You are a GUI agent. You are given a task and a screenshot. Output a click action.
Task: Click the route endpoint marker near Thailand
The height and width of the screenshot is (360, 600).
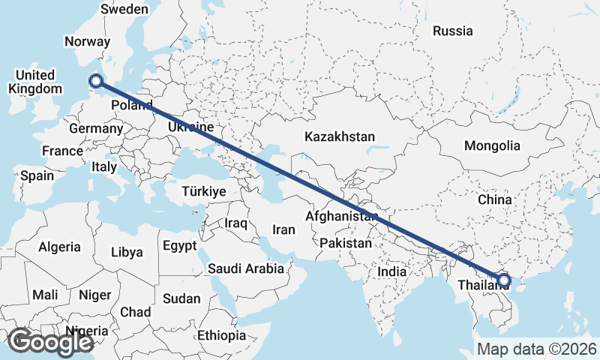(504, 280)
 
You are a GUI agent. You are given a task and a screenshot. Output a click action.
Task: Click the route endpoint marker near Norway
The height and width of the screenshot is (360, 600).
(96, 82)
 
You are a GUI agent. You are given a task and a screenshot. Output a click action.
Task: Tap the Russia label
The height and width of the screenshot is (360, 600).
(453, 31)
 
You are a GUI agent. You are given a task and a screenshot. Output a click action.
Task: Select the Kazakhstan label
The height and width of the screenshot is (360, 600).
(339, 136)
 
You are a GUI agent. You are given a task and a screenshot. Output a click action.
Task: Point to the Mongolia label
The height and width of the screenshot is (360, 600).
(492, 145)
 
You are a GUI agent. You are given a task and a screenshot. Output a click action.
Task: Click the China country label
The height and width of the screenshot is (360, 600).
(494, 199)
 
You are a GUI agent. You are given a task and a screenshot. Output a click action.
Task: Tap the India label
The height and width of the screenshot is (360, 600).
(392, 271)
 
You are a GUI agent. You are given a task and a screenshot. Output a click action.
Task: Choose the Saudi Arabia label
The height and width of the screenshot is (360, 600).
(246, 268)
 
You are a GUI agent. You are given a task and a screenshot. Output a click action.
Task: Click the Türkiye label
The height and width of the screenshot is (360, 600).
(204, 192)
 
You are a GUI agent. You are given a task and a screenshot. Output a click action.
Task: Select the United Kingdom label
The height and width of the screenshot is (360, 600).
(34, 82)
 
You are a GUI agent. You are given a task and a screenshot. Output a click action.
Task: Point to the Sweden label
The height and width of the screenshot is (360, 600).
(124, 10)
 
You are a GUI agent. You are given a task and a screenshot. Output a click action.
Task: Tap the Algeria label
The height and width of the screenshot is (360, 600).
(59, 247)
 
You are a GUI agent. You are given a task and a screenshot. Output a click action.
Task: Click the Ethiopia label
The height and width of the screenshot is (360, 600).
(222, 335)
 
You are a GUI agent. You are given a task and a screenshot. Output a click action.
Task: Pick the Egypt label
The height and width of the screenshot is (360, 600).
(179, 245)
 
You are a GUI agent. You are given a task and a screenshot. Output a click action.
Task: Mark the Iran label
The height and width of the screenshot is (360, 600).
(284, 230)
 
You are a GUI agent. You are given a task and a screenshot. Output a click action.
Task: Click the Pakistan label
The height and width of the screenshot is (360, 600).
(345, 244)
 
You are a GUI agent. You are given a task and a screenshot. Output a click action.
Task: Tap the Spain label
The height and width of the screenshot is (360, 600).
(37, 175)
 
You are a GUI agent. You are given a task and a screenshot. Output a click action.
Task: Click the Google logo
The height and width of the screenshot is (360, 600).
(50, 342)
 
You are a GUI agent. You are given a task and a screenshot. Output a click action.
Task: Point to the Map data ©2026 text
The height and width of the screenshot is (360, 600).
(536, 349)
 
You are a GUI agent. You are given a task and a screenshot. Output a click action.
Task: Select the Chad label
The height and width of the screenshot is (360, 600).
(135, 312)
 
